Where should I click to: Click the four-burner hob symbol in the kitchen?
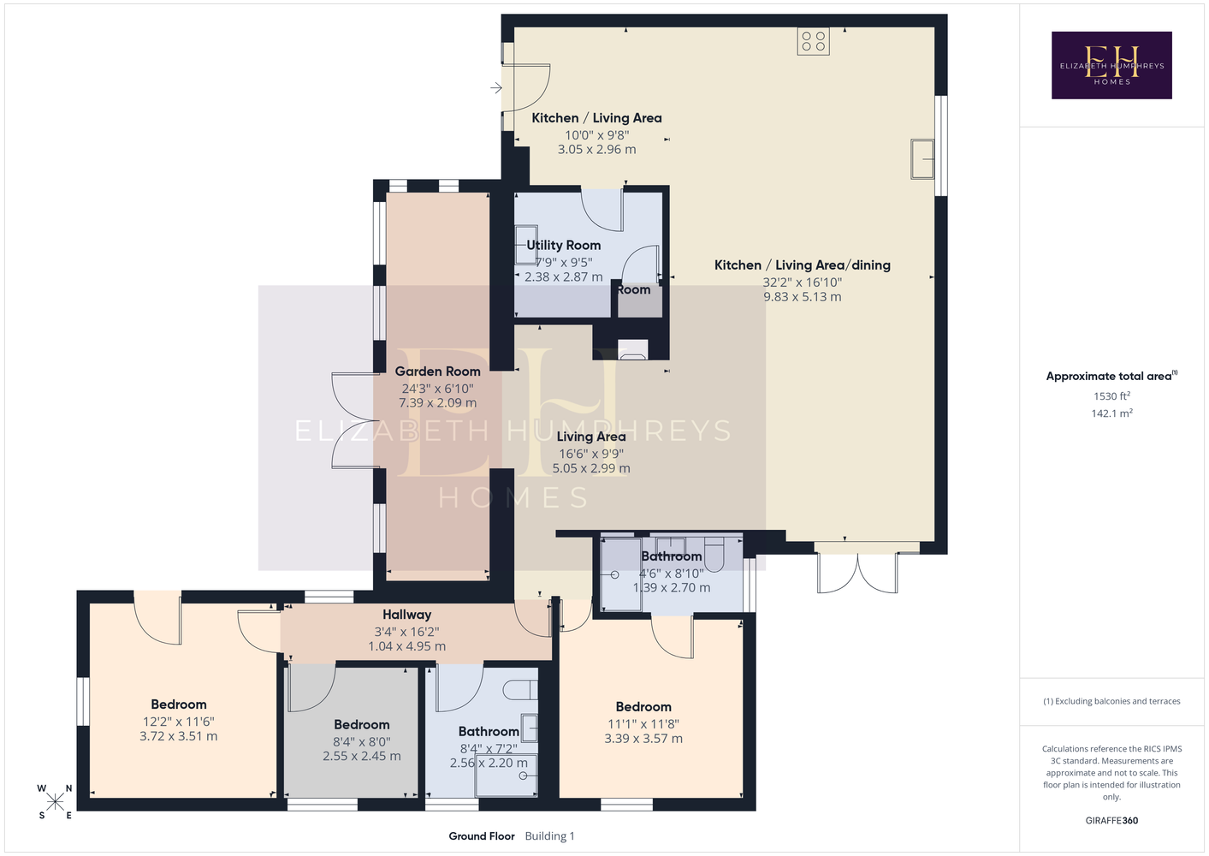813,41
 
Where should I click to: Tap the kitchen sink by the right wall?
922,158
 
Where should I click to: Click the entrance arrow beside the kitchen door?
496,87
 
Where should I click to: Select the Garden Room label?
438,372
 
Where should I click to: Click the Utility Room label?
564,245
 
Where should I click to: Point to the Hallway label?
407,615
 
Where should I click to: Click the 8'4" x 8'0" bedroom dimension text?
362,741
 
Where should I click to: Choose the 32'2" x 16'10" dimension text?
802,282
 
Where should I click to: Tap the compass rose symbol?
55,802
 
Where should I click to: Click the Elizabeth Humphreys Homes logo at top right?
1111,65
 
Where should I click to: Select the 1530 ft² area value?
1111,395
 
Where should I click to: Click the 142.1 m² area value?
1111,413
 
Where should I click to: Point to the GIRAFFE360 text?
1111,820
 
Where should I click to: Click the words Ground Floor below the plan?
482,836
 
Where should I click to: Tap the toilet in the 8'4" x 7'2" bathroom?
520,690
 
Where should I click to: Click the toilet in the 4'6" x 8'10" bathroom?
714,555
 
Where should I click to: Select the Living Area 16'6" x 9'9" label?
591,452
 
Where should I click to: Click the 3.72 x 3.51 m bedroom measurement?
179,736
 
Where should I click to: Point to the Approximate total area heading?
1111,376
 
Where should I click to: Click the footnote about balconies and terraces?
1111,701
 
